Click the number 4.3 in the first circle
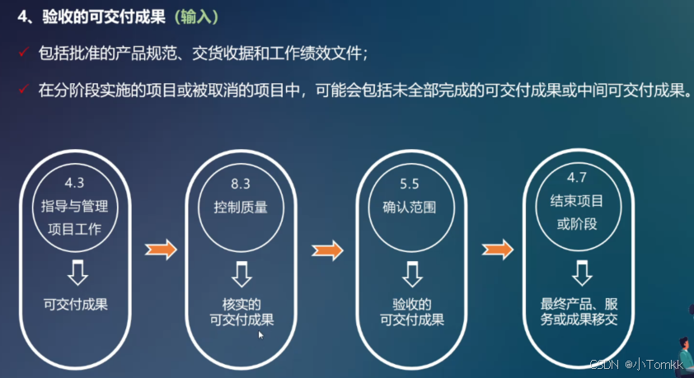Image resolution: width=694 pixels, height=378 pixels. tap(75, 180)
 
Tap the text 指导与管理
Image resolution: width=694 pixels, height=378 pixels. tap(75, 205)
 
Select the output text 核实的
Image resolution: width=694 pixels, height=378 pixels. tap(241, 304)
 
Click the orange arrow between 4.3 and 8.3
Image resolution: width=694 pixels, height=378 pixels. tap(160, 249)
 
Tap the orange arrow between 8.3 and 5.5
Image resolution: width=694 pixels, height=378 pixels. tap(326, 249)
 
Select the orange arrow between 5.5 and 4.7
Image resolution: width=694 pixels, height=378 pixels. tap(497, 249)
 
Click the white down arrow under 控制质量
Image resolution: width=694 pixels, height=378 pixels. tap(241, 273)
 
